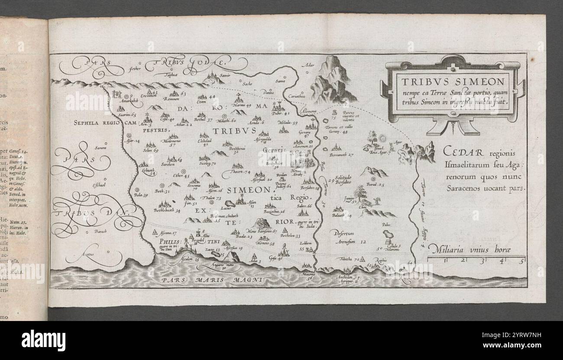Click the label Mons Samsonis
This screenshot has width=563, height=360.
click(262, 231)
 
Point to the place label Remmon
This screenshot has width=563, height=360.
click(172, 99)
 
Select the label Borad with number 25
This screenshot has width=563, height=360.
click(375, 185)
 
